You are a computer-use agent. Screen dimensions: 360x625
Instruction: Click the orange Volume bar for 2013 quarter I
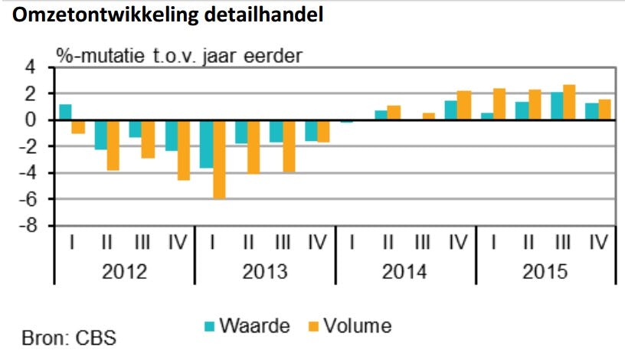pyautogui.click(x=220, y=159)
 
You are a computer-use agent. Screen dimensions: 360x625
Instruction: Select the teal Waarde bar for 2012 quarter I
pyautogui.click(x=65, y=112)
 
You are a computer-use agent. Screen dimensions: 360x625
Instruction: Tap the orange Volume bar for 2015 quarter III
pyautogui.click(x=569, y=103)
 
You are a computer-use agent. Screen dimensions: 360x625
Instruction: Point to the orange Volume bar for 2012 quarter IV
pyautogui.click(x=184, y=150)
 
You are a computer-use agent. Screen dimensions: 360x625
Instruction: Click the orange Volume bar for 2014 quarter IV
pyautogui.click(x=464, y=106)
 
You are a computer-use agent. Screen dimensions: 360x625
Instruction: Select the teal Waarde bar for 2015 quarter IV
pyautogui.click(x=591, y=112)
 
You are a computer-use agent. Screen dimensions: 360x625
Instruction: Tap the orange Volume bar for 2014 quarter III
pyautogui.click(x=428, y=116)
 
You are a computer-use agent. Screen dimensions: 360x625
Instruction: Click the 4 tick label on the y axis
pyautogui.click(x=34, y=67)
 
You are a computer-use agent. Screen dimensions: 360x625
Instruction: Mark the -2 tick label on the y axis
pyautogui.click(x=30, y=146)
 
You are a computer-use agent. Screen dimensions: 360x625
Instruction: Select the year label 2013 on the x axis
pyautogui.click(x=265, y=272)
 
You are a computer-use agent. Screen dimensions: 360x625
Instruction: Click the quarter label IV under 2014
pyautogui.click(x=458, y=244)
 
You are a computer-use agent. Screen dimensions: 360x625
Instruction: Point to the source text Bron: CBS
pyautogui.click(x=70, y=337)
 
